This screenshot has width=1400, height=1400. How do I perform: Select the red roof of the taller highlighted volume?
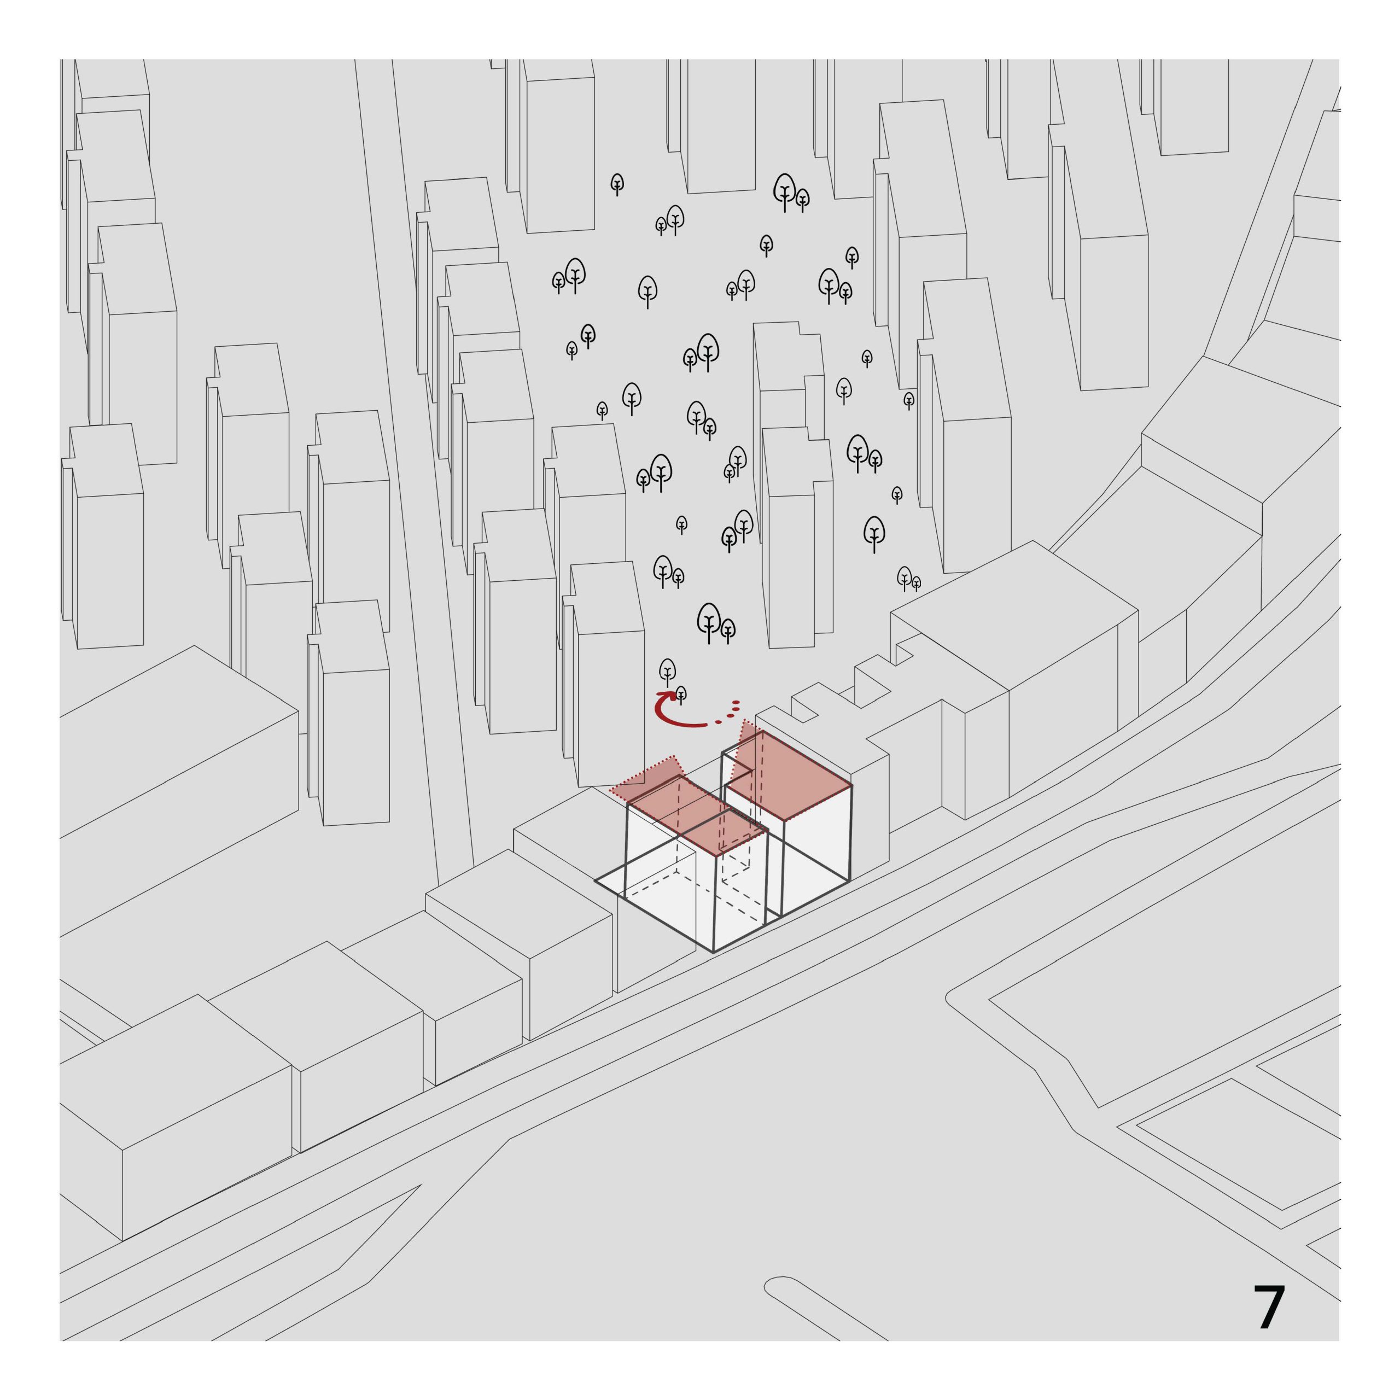pos(790,779)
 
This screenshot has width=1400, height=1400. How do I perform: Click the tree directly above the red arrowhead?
pos(667,671)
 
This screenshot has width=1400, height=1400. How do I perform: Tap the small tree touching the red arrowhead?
pos(681,694)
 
